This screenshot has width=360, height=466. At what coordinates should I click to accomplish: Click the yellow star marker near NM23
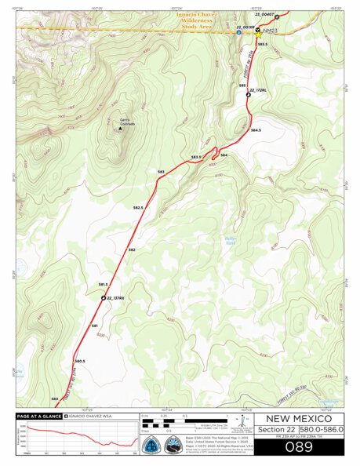[258, 35]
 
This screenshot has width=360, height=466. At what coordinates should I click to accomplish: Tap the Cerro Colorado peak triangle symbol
[121, 129]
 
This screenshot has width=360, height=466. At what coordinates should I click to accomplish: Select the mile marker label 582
[132, 249]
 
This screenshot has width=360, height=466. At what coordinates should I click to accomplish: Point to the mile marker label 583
[160, 171]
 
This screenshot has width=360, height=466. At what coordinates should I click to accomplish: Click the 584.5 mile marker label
[256, 129]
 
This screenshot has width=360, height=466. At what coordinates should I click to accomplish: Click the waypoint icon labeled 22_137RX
[103, 298]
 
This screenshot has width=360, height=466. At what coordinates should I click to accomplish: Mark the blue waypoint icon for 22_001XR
[239, 33]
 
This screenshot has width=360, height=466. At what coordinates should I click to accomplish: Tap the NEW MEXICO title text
[298, 418]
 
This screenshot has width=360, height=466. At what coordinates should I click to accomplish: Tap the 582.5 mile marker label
[138, 208]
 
